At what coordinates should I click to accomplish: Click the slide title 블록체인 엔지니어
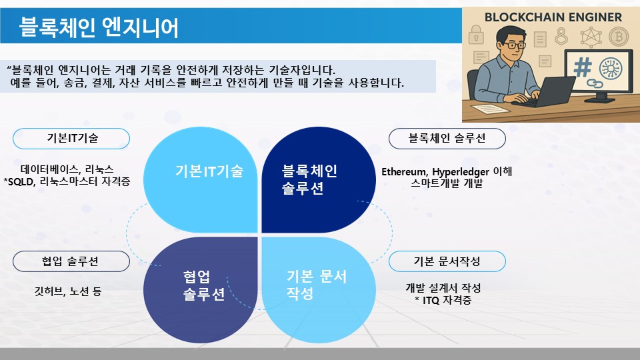click(x=99, y=27)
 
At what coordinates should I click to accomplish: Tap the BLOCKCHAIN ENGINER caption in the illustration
click(x=553, y=17)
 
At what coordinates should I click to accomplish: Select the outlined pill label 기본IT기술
click(x=71, y=139)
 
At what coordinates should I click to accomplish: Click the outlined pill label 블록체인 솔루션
click(x=447, y=139)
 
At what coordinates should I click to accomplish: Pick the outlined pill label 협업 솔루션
click(x=71, y=261)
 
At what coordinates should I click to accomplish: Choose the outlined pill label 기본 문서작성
click(x=447, y=261)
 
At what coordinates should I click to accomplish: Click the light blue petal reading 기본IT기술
click(x=201, y=180)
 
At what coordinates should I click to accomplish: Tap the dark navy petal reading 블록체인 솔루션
click(x=319, y=180)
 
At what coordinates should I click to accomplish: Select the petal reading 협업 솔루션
click(x=201, y=290)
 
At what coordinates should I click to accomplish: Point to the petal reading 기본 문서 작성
click(x=319, y=290)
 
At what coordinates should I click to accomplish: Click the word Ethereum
click(x=405, y=172)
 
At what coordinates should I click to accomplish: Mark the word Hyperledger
click(x=461, y=172)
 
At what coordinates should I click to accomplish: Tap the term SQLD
click(x=21, y=181)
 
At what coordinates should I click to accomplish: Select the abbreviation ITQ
click(x=431, y=301)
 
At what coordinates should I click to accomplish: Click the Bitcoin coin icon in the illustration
click(x=619, y=37)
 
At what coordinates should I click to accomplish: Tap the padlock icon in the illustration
click(x=476, y=34)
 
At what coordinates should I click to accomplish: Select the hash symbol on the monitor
click(x=583, y=67)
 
